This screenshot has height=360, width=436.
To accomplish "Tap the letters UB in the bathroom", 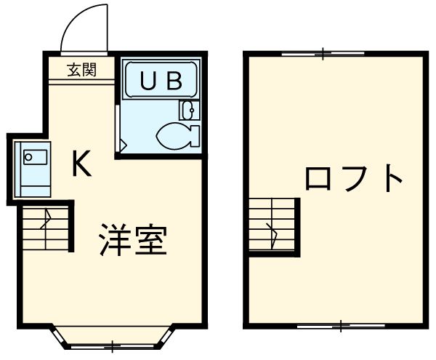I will (x=160, y=81).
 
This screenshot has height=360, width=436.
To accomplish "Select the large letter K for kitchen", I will (x=81, y=166).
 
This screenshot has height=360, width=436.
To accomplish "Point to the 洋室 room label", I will (x=133, y=240).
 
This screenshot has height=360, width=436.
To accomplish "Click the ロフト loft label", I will (x=353, y=178).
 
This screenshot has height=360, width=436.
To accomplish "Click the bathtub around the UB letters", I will (x=160, y=81).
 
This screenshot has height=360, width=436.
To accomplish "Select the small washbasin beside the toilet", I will (x=187, y=111).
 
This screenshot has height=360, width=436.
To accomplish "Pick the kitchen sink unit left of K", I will (x=33, y=167).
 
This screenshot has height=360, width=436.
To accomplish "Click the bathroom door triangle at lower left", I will (x=122, y=145).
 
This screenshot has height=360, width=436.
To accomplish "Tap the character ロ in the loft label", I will (x=318, y=178).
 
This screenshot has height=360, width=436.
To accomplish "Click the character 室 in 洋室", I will (x=152, y=240).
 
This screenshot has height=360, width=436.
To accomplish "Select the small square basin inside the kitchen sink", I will (x=30, y=155).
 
